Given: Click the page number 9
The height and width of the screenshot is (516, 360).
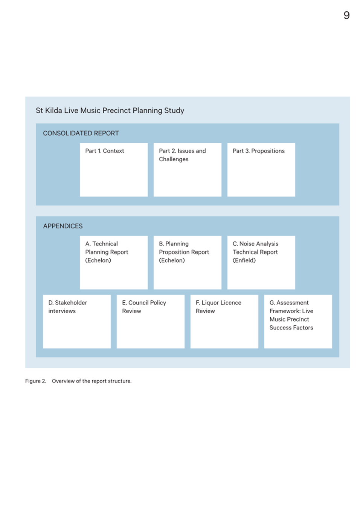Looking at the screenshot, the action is (x=346, y=15).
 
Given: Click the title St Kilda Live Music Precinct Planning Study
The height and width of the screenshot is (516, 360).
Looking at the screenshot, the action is (x=110, y=110).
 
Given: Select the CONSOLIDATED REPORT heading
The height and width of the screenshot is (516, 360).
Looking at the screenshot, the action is (x=81, y=133).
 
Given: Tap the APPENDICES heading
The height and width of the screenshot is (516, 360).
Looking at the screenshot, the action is (x=63, y=226).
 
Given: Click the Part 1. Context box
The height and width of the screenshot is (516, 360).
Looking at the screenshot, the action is (x=114, y=170).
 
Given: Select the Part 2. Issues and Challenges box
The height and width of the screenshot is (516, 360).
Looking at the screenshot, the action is (x=188, y=170).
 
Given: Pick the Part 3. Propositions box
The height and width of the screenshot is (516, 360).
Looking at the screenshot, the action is (x=261, y=170).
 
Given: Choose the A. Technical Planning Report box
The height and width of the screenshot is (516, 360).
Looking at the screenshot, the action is (x=114, y=263).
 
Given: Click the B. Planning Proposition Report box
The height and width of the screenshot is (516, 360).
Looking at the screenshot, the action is (x=188, y=263).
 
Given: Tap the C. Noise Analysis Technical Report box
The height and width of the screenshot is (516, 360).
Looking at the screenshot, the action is (x=261, y=263).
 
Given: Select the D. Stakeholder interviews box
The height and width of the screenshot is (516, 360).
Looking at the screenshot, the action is (x=77, y=322).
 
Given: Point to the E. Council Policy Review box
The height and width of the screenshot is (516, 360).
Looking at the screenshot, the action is (x=151, y=322).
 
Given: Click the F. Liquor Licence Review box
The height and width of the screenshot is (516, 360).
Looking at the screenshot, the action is (x=224, y=322).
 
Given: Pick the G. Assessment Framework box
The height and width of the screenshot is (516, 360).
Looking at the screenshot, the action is (x=298, y=322).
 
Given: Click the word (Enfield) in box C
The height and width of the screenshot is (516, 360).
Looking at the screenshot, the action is (x=244, y=260).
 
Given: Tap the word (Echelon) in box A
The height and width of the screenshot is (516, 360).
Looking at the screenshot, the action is (x=98, y=260).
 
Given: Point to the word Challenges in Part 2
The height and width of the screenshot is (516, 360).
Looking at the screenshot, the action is (x=174, y=159).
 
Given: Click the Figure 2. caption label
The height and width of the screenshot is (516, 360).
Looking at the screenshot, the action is (x=35, y=381).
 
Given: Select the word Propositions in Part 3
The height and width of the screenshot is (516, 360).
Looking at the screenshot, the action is (x=268, y=151).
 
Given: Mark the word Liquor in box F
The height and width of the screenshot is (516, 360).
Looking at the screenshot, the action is (x=210, y=303).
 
